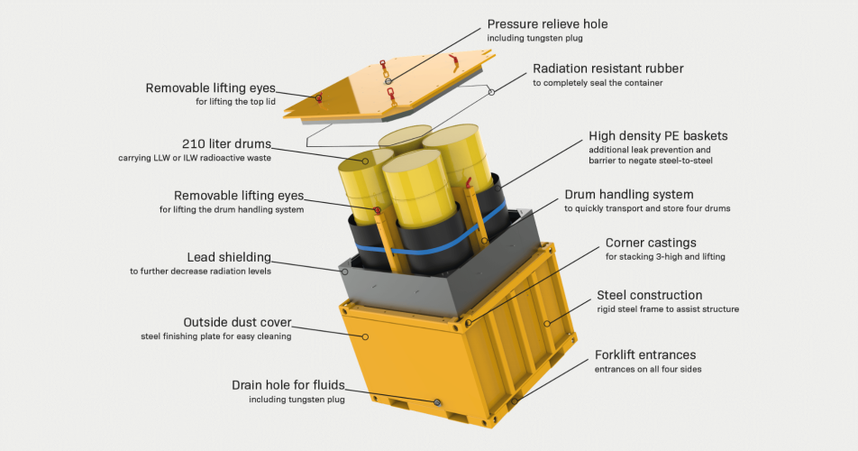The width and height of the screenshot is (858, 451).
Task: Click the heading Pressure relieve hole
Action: coord(547,24)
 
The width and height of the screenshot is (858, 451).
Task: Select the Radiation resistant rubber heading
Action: coord(608,69)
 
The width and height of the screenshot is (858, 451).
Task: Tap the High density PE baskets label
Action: coord(658,135)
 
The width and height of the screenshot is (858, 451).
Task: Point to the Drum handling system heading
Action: coord(629,194)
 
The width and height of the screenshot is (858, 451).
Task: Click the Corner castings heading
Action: coord(651,243)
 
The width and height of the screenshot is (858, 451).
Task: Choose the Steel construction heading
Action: coord(650,295)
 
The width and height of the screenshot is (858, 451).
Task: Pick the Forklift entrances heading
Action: coord(645,354)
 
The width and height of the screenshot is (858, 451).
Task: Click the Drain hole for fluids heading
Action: coord(288,385)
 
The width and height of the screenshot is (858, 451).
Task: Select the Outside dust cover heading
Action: coord(238,322)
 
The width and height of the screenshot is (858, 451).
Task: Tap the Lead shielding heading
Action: coord(229,257)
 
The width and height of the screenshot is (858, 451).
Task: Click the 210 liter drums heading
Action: coord(226,144)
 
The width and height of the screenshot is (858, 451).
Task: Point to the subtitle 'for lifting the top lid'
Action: coord(235,102)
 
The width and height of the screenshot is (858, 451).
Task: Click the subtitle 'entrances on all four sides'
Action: coord(648,370)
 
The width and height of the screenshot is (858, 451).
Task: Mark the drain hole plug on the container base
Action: coord(437,403)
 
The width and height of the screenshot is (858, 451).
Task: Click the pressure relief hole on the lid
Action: coord(388,81)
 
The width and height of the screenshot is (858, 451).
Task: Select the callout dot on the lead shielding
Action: coord(344,272)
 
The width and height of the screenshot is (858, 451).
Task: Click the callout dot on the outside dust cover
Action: coord(365,336)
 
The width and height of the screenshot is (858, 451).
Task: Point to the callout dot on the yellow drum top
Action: coord(365,161)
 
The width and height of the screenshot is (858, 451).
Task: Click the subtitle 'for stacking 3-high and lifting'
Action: coord(665,257)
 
